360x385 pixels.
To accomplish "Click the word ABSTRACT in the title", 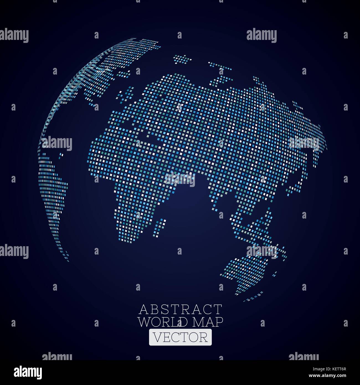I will [180, 309].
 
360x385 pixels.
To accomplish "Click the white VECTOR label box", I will [180, 337].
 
